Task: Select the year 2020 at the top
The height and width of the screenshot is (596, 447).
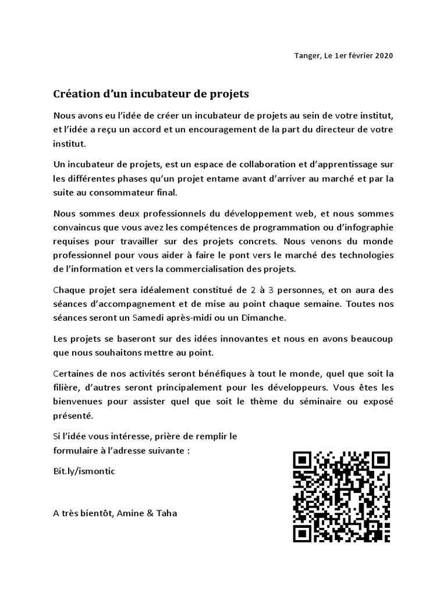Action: tap(382, 56)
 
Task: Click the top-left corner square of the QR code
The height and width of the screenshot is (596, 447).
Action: tap(303, 461)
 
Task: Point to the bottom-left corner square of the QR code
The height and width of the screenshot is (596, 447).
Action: tap(303, 533)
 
